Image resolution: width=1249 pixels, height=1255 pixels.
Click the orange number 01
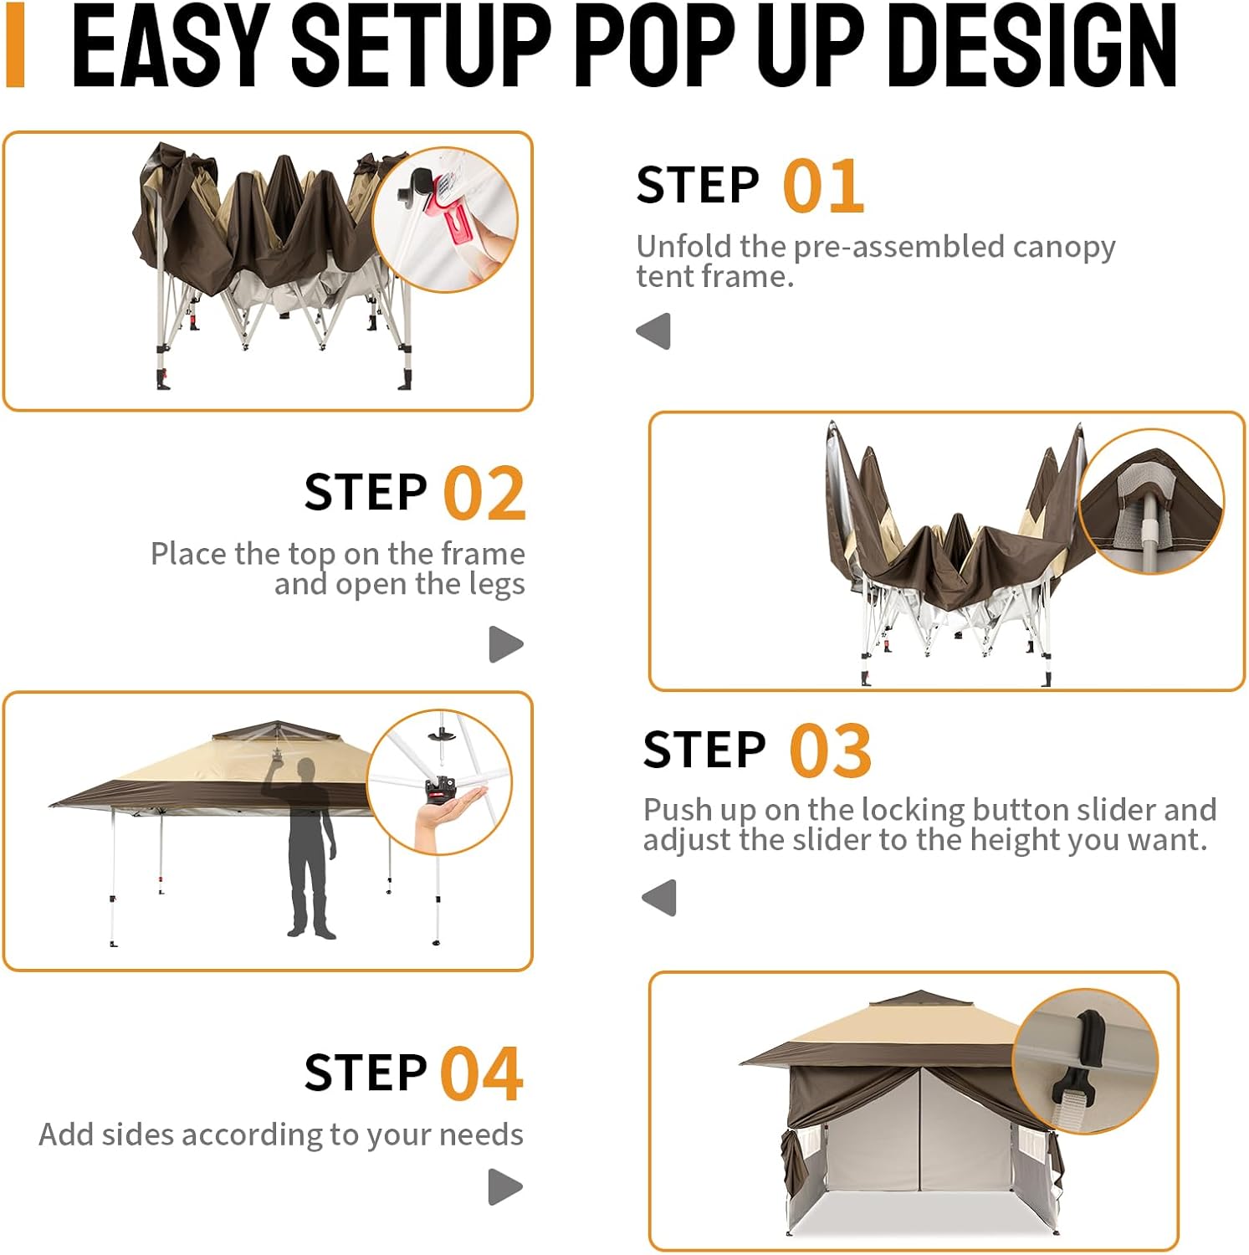[823, 187]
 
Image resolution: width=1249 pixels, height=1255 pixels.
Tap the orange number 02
[484, 494]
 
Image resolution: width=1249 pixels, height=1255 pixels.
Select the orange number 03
[830, 750]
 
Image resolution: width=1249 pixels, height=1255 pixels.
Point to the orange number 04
[482, 1073]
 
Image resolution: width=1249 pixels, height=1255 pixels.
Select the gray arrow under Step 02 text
[506, 644]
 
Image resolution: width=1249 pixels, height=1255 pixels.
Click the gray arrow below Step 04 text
[505, 1186]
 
